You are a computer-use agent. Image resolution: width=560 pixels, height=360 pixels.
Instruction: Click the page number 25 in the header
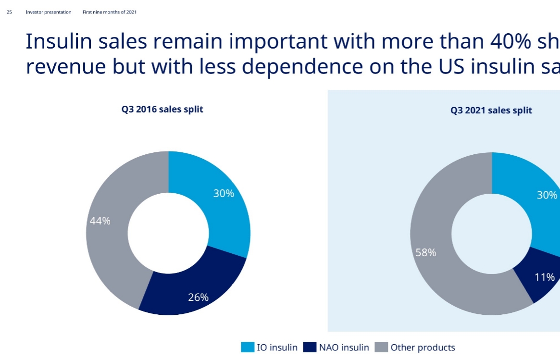pyautogui.click(x=9, y=12)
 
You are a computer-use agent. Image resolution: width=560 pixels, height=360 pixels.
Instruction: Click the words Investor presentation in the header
pyautogui.click(x=49, y=12)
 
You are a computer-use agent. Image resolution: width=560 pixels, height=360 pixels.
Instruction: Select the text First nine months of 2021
pyautogui.click(x=110, y=12)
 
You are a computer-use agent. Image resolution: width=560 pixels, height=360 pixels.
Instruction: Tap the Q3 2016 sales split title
pyautogui.click(x=162, y=110)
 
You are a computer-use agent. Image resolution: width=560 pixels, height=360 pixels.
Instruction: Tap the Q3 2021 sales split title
pyautogui.click(x=491, y=111)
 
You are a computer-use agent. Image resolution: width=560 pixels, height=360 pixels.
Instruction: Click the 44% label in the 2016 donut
pyautogui.click(x=100, y=221)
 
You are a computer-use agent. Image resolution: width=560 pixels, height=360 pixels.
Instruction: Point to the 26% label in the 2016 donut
pyautogui.click(x=198, y=298)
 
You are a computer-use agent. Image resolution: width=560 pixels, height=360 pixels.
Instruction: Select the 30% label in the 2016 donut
pyautogui.click(x=224, y=194)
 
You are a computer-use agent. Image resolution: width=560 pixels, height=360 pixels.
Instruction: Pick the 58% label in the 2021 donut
pyautogui.click(x=426, y=252)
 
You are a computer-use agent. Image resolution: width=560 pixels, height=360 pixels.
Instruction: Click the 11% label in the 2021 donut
pyautogui.click(x=545, y=277)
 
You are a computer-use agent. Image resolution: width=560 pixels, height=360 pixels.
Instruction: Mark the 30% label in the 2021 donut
pyautogui.click(x=547, y=195)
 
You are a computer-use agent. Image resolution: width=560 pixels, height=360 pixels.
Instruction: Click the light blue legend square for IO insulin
pyautogui.click(x=248, y=348)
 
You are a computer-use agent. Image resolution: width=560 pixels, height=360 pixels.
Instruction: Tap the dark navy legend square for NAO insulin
pyautogui.click(x=310, y=348)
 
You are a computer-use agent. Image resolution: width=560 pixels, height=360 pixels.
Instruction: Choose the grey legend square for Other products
pyautogui.click(x=381, y=348)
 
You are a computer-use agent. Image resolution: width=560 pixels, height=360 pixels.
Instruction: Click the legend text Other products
pyautogui.click(x=423, y=348)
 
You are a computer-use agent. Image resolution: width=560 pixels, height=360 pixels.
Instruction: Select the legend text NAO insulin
pyautogui.click(x=344, y=348)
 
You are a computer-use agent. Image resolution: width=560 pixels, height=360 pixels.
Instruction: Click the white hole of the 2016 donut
pyautogui.click(x=168, y=233)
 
